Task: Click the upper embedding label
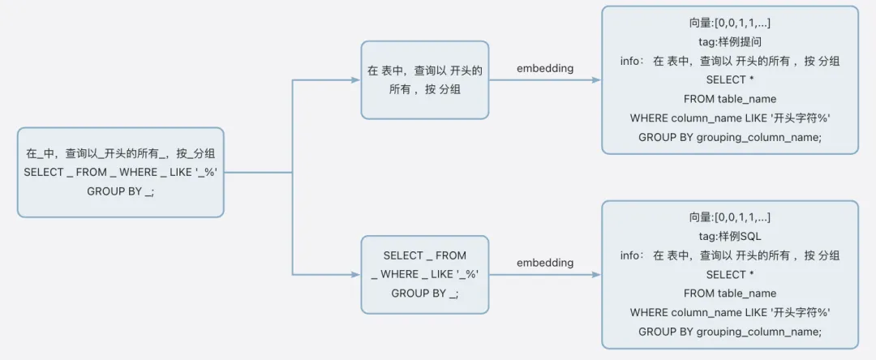tap(545, 68)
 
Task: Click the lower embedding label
tap(545, 263)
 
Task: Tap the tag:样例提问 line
tap(729, 42)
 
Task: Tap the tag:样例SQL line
tap(729, 236)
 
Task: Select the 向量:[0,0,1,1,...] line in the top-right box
tap(729, 23)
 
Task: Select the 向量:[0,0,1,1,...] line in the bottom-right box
tap(729, 217)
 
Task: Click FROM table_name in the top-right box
tap(729, 99)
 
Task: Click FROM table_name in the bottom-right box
tap(729, 294)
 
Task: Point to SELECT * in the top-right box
tap(729, 79)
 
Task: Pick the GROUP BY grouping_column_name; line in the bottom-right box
tap(729, 332)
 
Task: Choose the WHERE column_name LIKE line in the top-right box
tap(729, 118)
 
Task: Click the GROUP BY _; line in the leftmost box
tap(120, 191)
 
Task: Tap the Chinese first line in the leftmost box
tap(120, 152)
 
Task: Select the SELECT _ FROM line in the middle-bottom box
tap(424, 255)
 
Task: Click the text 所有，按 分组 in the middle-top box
tap(424, 89)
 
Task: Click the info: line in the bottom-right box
tap(729, 255)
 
